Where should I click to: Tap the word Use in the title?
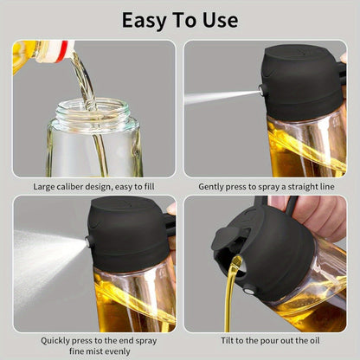219,20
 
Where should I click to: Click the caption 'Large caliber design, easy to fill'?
93,186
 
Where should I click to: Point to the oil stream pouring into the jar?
83,82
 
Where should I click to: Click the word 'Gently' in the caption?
214,186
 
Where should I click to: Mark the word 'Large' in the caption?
47,186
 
